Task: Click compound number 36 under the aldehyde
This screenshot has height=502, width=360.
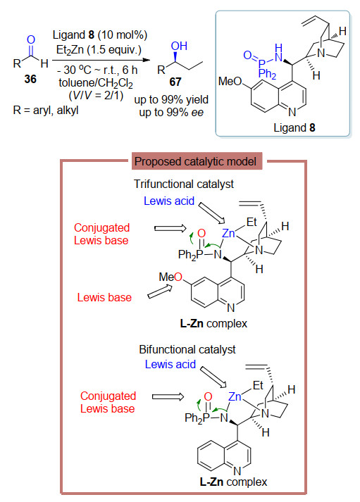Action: click(x=30, y=79)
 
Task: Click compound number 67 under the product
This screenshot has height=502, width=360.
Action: click(x=175, y=82)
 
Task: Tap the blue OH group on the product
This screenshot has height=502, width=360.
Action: click(x=179, y=46)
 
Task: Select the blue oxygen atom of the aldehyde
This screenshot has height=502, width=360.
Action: click(x=31, y=39)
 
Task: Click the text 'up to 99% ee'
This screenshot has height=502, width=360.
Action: click(x=171, y=113)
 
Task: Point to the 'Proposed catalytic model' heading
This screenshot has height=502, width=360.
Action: click(x=195, y=161)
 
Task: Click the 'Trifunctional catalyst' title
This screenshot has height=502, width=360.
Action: click(x=184, y=184)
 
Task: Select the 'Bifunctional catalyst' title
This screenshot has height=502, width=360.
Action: click(x=187, y=349)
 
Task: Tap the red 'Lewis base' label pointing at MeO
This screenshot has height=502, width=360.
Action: click(x=104, y=297)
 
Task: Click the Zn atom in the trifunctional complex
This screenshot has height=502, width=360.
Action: click(x=228, y=233)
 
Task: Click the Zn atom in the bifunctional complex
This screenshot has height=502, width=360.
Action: click(x=235, y=396)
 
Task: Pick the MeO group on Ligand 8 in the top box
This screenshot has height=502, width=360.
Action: click(x=230, y=81)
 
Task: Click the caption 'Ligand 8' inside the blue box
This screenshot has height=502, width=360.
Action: click(x=294, y=127)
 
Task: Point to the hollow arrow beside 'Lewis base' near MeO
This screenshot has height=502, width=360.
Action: click(x=160, y=291)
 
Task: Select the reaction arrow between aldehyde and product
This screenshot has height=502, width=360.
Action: click(x=101, y=60)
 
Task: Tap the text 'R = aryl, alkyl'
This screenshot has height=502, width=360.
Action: click(x=46, y=110)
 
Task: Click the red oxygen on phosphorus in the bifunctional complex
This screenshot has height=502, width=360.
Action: click(x=209, y=396)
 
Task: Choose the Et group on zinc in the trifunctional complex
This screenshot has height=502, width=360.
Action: click(x=252, y=222)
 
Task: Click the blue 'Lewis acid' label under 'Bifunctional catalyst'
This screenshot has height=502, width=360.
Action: click(x=170, y=364)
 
